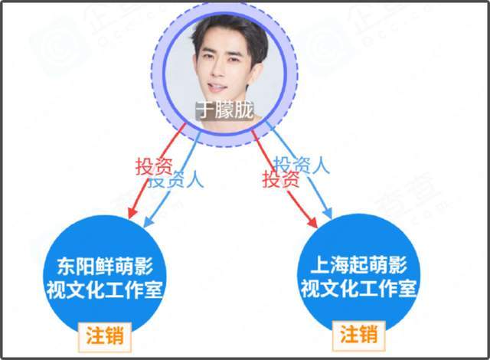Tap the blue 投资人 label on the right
coord(302,165)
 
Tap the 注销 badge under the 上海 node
coord(358,335)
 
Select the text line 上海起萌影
coord(358,265)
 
